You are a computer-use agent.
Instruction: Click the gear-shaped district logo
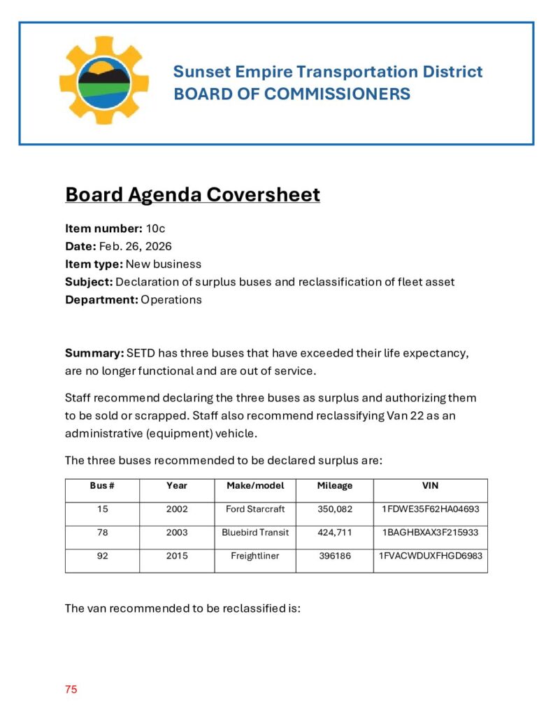tap(103, 81)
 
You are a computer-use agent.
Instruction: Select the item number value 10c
tap(155, 228)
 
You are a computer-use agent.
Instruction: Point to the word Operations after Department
tap(171, 299)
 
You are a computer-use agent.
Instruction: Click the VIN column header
tap(430, 485)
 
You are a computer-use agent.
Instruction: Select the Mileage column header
tap(335, 485)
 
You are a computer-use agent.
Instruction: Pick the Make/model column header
tap(255, 485)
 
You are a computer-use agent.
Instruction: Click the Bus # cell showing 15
tap(103, 509)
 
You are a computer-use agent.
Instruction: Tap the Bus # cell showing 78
tap(103, 532)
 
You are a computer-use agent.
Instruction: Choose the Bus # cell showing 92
tap(103, 556)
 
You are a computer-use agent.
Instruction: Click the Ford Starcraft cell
tap(255, 509)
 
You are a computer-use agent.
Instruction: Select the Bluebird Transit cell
tap(255, 532)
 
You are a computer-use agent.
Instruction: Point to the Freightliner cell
tap(255, 556)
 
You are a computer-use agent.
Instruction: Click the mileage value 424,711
tap(335, 532)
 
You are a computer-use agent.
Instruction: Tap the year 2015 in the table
tap(177, 556)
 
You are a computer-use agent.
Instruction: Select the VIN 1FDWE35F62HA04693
tap(430, 509)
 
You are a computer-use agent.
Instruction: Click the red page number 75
tap(71, 689)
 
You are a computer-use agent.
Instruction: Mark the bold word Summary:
tap(94, 352)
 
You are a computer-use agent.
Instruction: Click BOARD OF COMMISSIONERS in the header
tap(292, 94)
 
